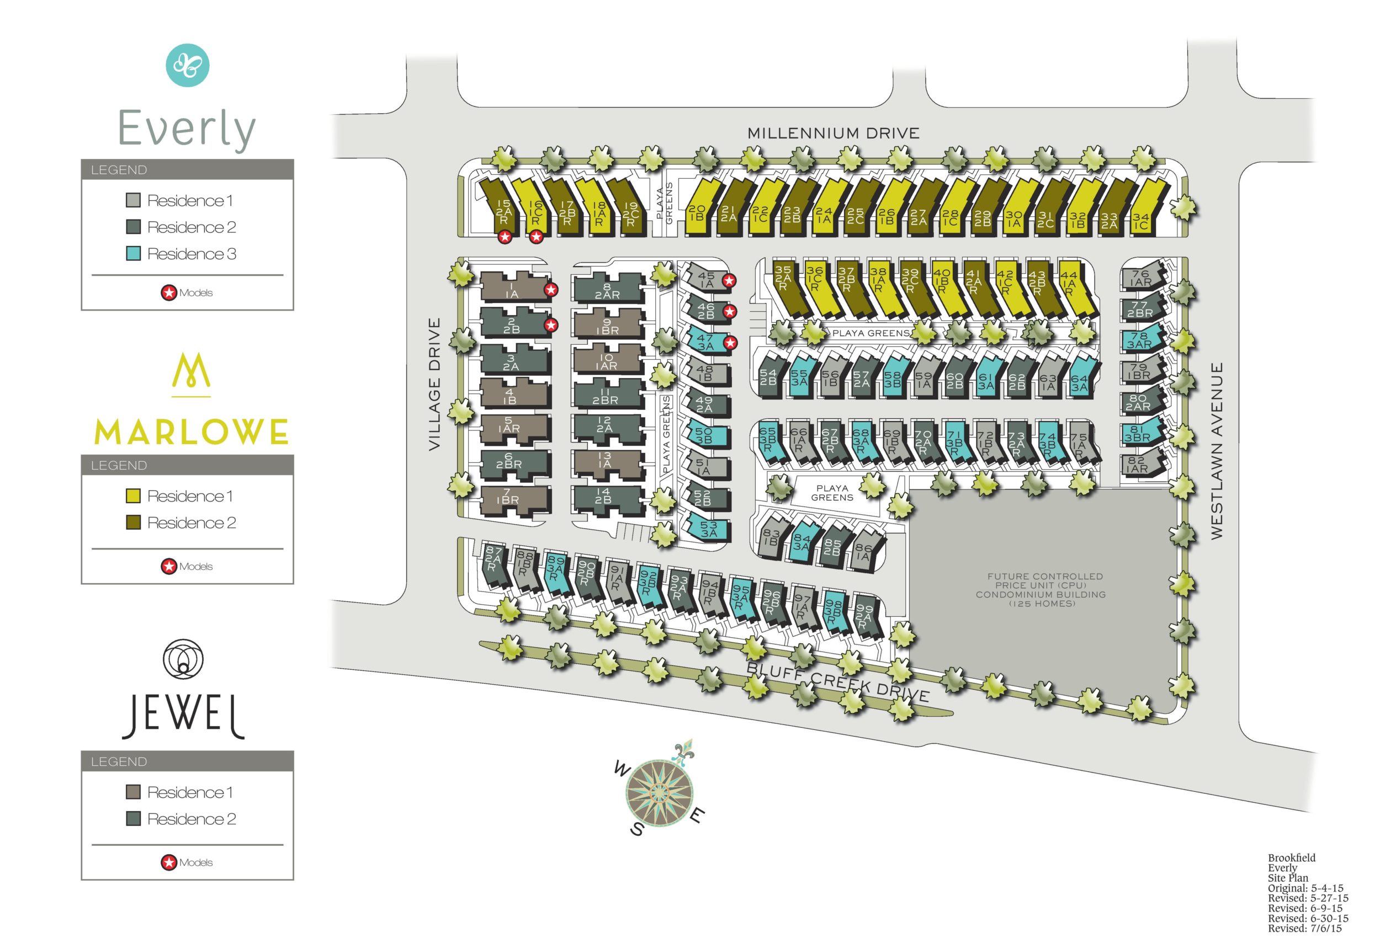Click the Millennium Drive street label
point(832,133)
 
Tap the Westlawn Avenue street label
point(1217,451)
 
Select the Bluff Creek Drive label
point(837,682)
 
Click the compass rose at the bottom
point(659,792)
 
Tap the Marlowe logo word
point(191,433)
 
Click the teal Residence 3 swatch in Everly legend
point(133,254)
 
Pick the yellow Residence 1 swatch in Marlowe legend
point(133,496)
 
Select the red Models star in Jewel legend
point(169,862)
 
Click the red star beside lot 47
point(730,343)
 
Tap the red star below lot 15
point(505,237)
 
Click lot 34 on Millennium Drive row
point(1140,221)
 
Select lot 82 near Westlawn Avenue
point(1136,464)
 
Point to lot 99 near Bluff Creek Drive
point(863,616)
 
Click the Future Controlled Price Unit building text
point(1041,590)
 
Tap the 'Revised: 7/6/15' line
point(1304,928)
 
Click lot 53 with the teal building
point(708,529)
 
